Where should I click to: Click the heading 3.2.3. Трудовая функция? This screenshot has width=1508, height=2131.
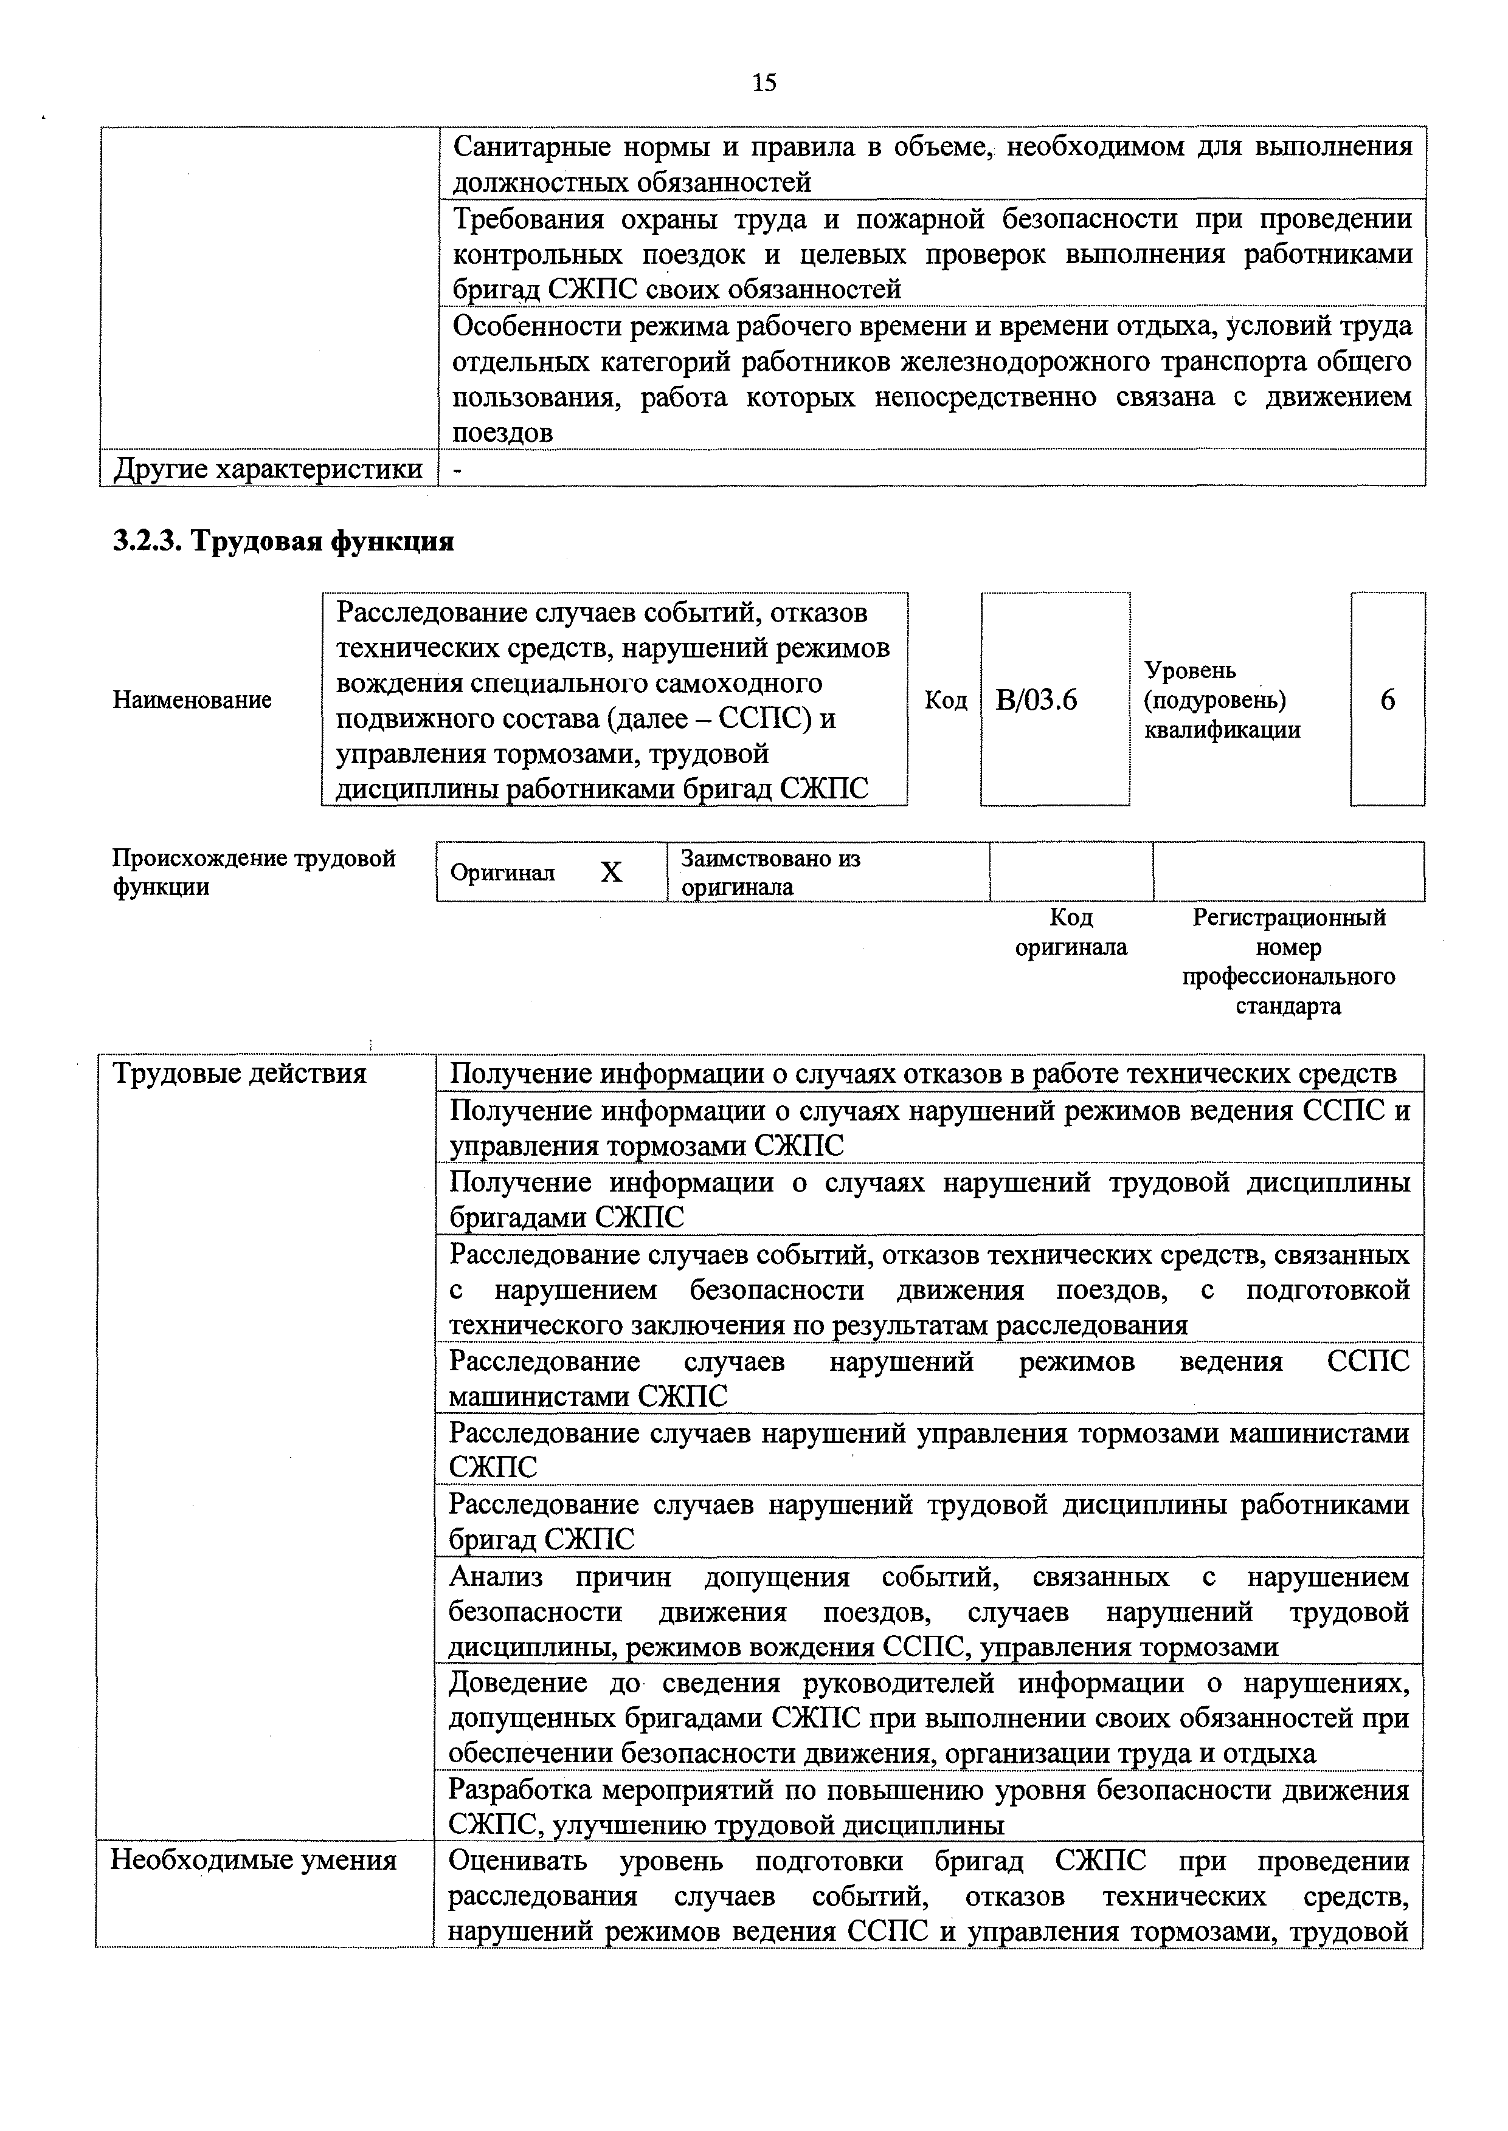point(283,541)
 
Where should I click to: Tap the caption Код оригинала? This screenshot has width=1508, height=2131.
point(1071,933)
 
